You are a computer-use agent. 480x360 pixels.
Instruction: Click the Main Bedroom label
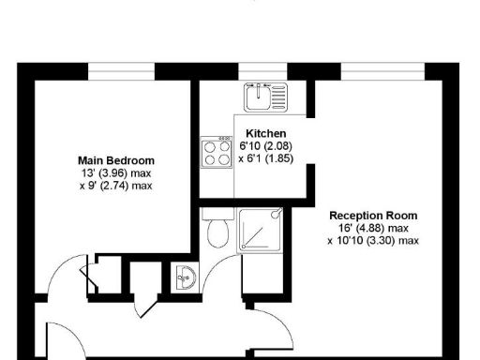(x=116, y=160)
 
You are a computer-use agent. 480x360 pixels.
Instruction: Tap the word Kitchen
(x=265, y=134)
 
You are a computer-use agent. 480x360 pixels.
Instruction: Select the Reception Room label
(x=373, y=216)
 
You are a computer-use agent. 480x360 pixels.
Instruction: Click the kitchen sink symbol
(x=265, y=96)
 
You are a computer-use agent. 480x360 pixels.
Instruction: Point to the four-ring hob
(x=217, y=152)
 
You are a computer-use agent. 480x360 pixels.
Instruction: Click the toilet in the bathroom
(x=217, y=230)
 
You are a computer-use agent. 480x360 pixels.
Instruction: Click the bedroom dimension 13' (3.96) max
(x=116, y=173)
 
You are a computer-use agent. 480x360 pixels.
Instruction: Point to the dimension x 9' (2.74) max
(x=116, y=186)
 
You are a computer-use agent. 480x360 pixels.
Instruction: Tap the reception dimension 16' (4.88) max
(x=373, y=228)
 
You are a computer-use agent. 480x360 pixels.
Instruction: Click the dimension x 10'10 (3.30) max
(x=373, y=240)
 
